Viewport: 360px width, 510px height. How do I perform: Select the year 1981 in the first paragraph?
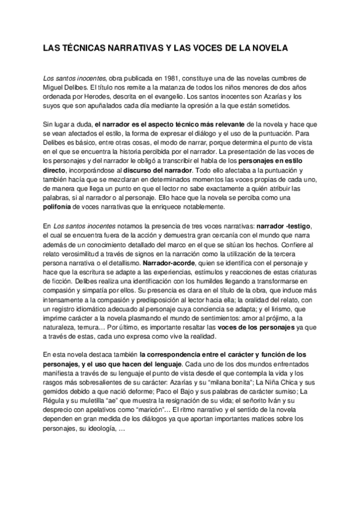(151, 78)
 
